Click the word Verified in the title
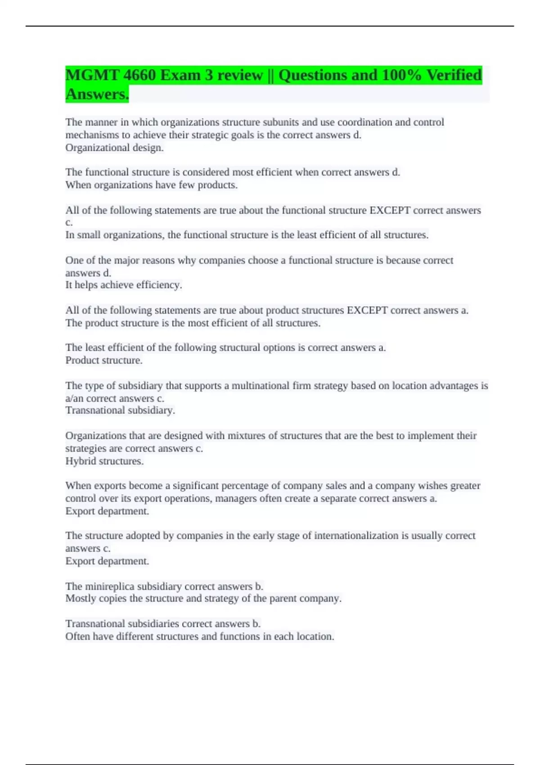[x=454, y=75]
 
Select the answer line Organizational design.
[x=114, y=148]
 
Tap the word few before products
[x=187, y=185]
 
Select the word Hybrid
[x=81, y=461]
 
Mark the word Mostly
[x=81, y=598]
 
